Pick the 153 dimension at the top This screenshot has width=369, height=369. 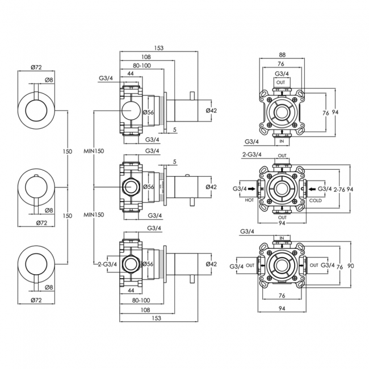(x=158, y=48)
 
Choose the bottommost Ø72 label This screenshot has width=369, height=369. (x=37, y=299)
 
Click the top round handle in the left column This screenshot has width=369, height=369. (x=37, y=109)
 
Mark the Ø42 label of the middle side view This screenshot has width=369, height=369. (x=211, y=187)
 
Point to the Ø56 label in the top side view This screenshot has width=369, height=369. (x=149, y=112)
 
